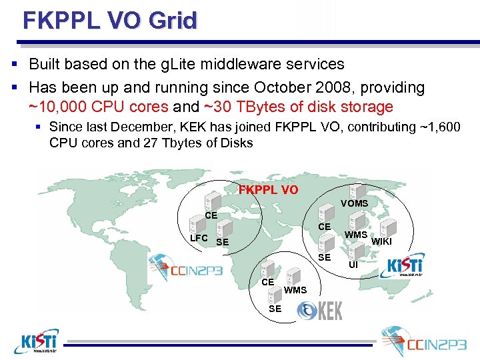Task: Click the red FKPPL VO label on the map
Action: [x=268, y=189]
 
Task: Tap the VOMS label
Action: [x=354, y=203]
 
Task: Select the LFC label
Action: [x=199, y=238]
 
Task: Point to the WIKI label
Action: [x=381, y=241]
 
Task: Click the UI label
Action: [x=353, y=265]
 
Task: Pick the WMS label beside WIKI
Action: [x=356, y=235]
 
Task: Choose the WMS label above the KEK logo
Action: [x=295, y=290]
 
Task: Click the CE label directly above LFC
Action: [x=211, y=216]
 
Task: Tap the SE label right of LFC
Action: [x=222, y=241]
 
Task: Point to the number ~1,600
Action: [x=437, y=127]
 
